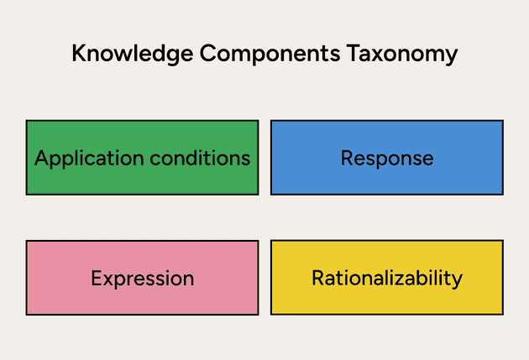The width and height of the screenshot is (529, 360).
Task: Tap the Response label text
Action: (387, 158)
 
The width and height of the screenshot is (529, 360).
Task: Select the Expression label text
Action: (142, 279)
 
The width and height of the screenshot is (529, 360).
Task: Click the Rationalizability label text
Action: (387, 278)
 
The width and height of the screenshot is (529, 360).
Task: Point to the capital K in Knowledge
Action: (78, 54)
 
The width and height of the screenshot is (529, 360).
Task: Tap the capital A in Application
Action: (41, 158)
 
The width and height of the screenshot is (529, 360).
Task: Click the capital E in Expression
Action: (96, 279)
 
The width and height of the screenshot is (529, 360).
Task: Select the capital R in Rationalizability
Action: (317, 278)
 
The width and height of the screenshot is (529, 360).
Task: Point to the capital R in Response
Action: (346, 158)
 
